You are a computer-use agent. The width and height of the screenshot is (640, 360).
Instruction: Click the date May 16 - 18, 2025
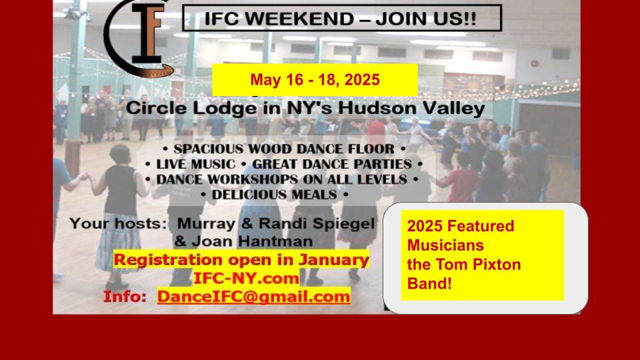click(x=315, y=79)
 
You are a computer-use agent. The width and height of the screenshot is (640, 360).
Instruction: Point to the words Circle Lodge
click(x=191, y=109)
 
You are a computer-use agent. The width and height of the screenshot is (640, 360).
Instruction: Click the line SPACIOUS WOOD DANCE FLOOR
click(x=284, y=149)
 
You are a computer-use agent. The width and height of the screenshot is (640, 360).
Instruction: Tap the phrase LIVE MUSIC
click(x=196, y=164)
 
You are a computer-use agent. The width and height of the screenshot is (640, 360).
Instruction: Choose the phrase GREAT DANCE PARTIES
click(x=332, y=164)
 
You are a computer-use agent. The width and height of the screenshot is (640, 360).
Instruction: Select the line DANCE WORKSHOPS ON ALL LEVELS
click(x=281, y=179)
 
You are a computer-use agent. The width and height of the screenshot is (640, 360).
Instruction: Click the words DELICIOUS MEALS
click(x=274, y=195)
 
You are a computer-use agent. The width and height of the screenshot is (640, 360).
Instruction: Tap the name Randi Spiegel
click(x=317, y=224)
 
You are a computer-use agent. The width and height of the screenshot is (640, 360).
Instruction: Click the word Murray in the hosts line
click(x=206, y=224)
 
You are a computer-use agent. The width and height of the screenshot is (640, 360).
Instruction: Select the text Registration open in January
click(x=241, y=260)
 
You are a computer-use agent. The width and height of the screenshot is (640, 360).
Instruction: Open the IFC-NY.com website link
click(x=246, y=279)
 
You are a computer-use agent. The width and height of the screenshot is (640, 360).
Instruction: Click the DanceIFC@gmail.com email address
click(x=253, y=297)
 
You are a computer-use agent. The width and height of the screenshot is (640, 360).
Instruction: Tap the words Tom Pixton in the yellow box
click(x=479, y=265)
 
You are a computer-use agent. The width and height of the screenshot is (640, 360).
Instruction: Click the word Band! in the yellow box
click(x=429, y=283)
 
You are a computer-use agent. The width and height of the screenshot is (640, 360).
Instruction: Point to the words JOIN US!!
click(x=426, y=19)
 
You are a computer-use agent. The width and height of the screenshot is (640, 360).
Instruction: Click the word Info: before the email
click(x=125, y=297)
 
